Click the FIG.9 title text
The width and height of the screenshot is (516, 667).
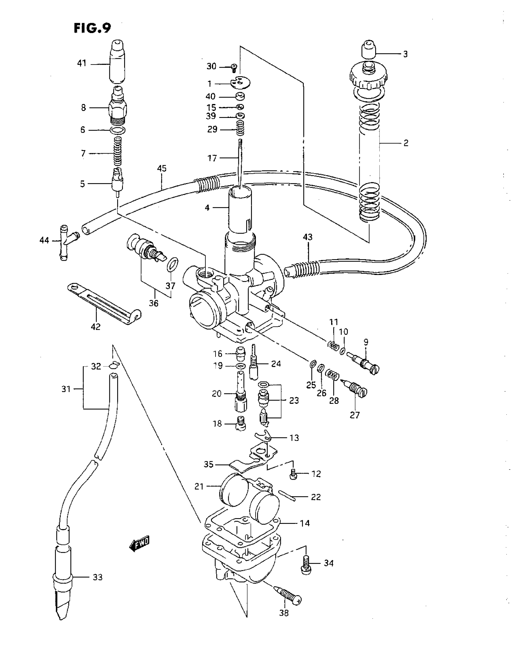click(92, 28)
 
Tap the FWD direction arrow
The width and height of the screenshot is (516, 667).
click(139, 544)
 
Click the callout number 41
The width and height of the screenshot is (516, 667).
click(82, 64)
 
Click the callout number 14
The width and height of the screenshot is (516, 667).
click(305, 523)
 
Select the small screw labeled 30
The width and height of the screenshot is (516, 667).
click(234, 68)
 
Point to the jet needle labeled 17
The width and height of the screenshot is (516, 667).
click(239, 162)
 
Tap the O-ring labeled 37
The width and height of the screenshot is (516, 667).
click(173, 264)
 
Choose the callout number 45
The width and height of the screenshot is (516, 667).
click(162, 168)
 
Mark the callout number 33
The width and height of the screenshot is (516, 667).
click(97, 577)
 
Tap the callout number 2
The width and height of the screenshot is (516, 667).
click(406, 143)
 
